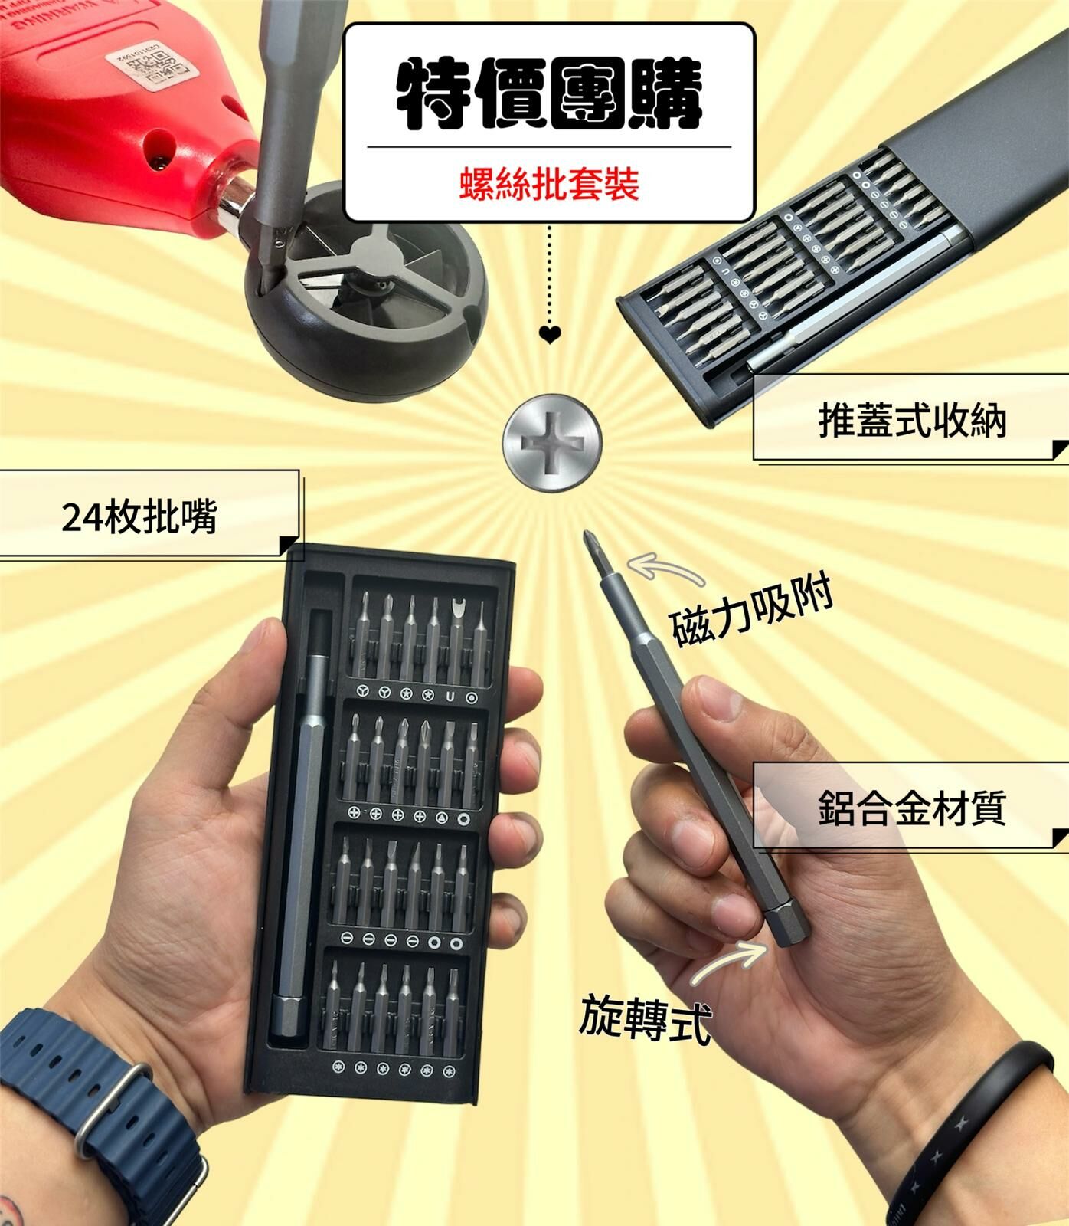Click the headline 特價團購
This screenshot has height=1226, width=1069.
coord(548,93)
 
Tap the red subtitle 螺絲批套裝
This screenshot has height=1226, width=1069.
coord(548,185)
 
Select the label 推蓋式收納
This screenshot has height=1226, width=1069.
coord(911,421)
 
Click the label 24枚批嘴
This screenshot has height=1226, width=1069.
coord(139,516)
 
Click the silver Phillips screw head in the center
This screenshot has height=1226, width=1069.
coord(552,442)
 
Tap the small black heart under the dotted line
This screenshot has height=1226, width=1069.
coord(549,334)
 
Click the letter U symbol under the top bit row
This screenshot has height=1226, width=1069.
coord(450,696)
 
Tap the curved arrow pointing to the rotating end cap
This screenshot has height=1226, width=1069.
coord(727,964)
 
